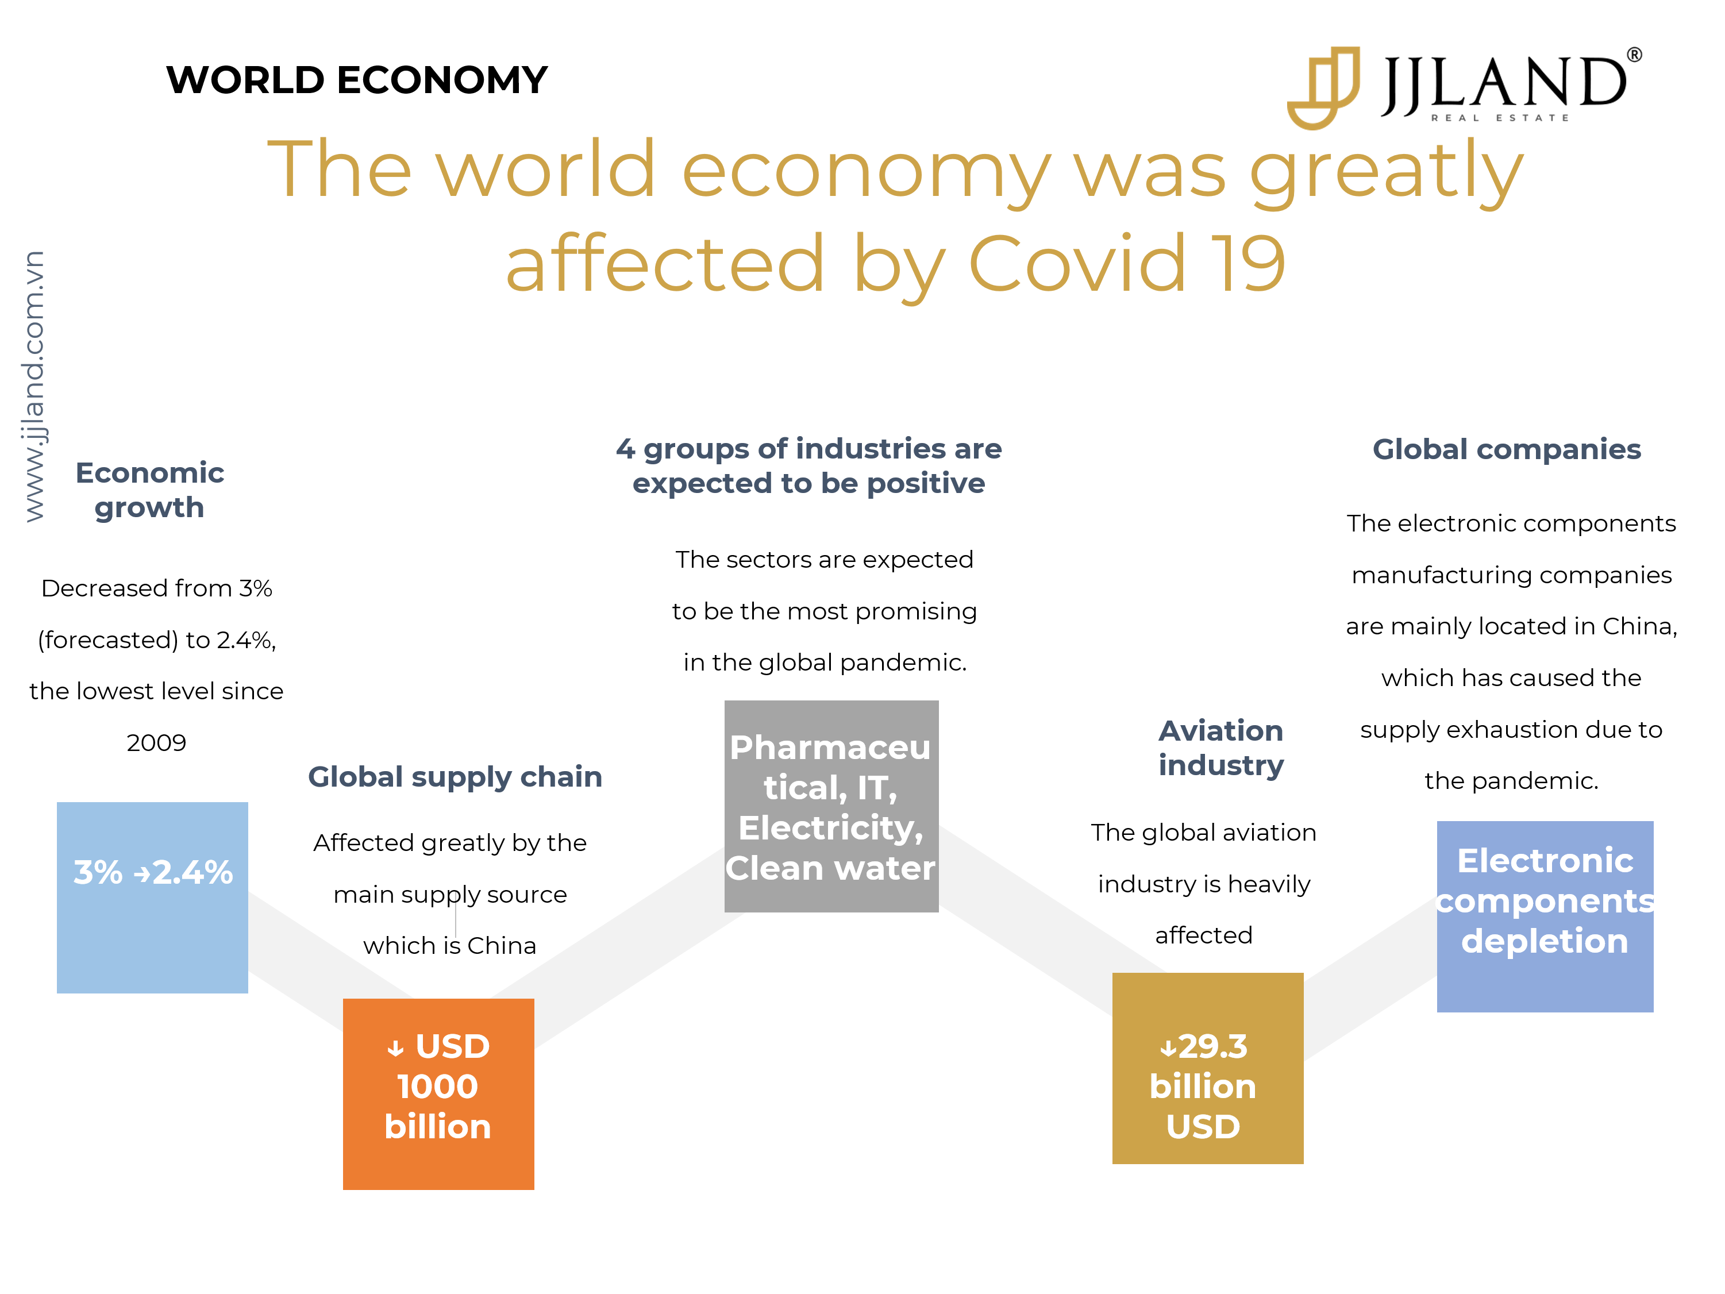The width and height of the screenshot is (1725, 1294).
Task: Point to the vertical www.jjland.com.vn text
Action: [x=33, y=386]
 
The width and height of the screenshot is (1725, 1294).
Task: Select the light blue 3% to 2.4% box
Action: [x=152, y=897]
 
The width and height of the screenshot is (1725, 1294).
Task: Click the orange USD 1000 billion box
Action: [x=438, y=1093]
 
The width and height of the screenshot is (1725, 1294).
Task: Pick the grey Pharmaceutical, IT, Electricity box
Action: [x=831, y=806]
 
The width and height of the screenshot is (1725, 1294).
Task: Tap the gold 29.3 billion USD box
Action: [x=1207, y=1068]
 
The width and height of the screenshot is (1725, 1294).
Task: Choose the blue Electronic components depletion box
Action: [x=1545, y=916]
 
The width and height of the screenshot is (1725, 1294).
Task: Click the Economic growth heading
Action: [x=150, y=490]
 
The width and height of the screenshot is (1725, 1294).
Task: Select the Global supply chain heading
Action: [x=456, y=777]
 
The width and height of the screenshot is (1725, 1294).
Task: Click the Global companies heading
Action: [x=1507, y=449]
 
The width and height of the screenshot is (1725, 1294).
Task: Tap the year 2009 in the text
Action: [x=156, y=742]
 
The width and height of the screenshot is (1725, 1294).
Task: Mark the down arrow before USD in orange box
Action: [x=395, y=1048]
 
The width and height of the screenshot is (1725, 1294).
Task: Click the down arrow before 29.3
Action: [x=1168, y=1048]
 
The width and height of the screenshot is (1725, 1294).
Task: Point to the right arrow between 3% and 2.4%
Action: [x=142, y=875]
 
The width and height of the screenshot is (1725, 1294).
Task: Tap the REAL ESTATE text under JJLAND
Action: [x=1500, y=118]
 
